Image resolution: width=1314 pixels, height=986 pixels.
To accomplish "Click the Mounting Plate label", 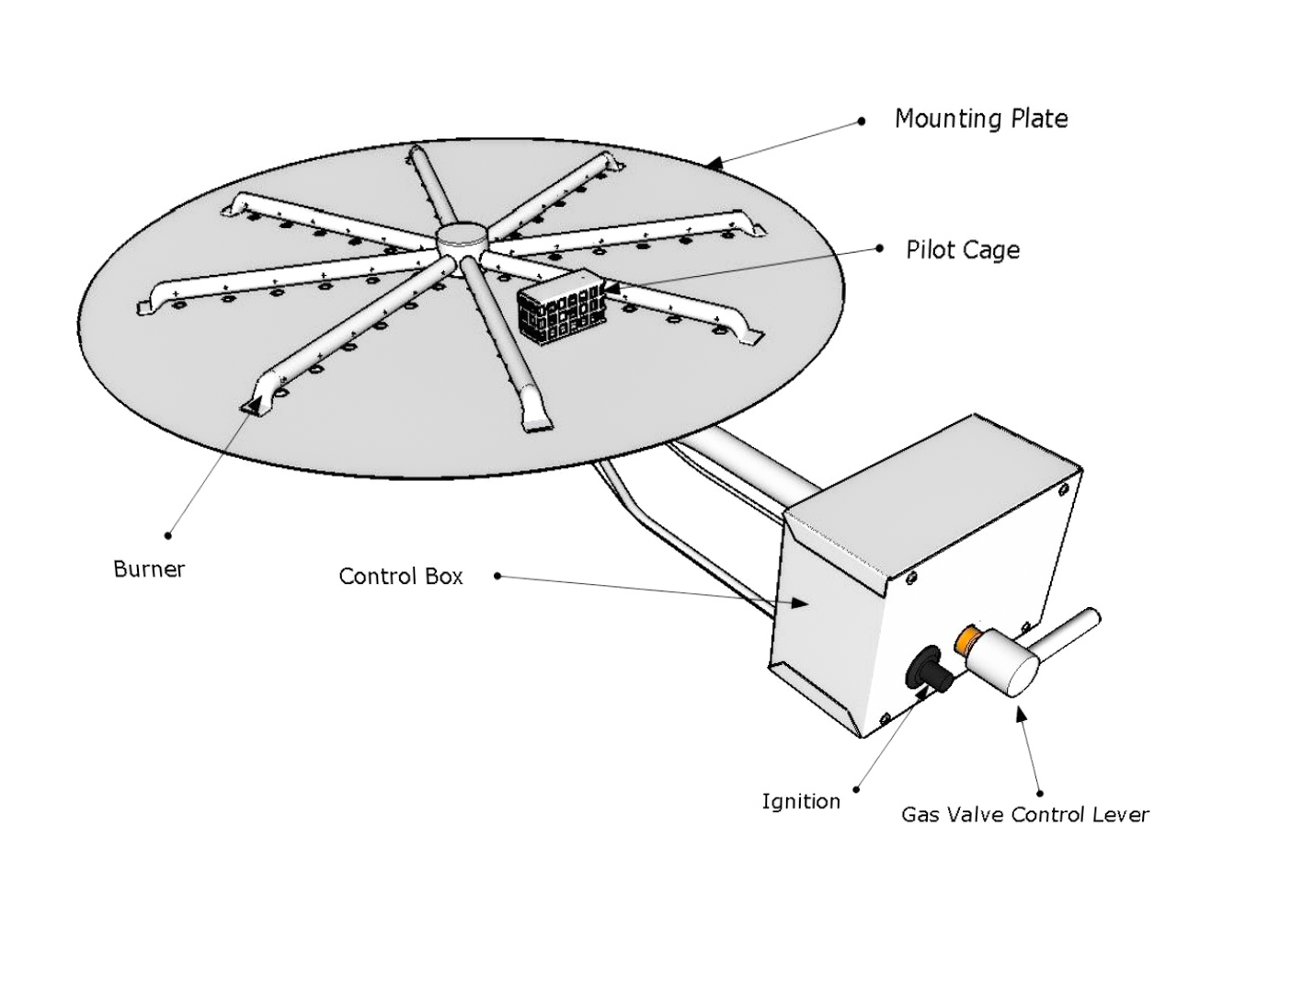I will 980,119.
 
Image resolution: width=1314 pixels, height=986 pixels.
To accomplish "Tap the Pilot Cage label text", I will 962,250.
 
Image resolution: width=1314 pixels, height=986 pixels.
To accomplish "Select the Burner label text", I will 149,569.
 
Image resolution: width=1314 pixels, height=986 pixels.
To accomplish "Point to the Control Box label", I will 400,577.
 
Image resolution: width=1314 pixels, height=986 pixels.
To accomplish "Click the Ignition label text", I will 800,802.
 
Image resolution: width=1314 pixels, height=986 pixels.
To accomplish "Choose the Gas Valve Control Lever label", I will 1024,815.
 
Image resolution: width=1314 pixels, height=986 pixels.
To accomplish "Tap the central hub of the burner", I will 457,238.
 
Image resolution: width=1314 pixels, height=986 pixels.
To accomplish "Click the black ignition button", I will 930,670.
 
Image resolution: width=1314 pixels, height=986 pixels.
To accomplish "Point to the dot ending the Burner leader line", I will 167,534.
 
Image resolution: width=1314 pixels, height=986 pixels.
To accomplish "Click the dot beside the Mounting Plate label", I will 861,120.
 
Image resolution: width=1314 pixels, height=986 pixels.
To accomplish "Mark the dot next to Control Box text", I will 497,576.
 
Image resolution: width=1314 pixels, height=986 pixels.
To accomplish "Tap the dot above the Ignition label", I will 856,788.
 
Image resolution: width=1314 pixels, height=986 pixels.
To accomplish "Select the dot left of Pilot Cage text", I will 880,248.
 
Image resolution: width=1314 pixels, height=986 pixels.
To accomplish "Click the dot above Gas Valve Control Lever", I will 1039,792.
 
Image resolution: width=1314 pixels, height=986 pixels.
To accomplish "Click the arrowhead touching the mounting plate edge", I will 715,165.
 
